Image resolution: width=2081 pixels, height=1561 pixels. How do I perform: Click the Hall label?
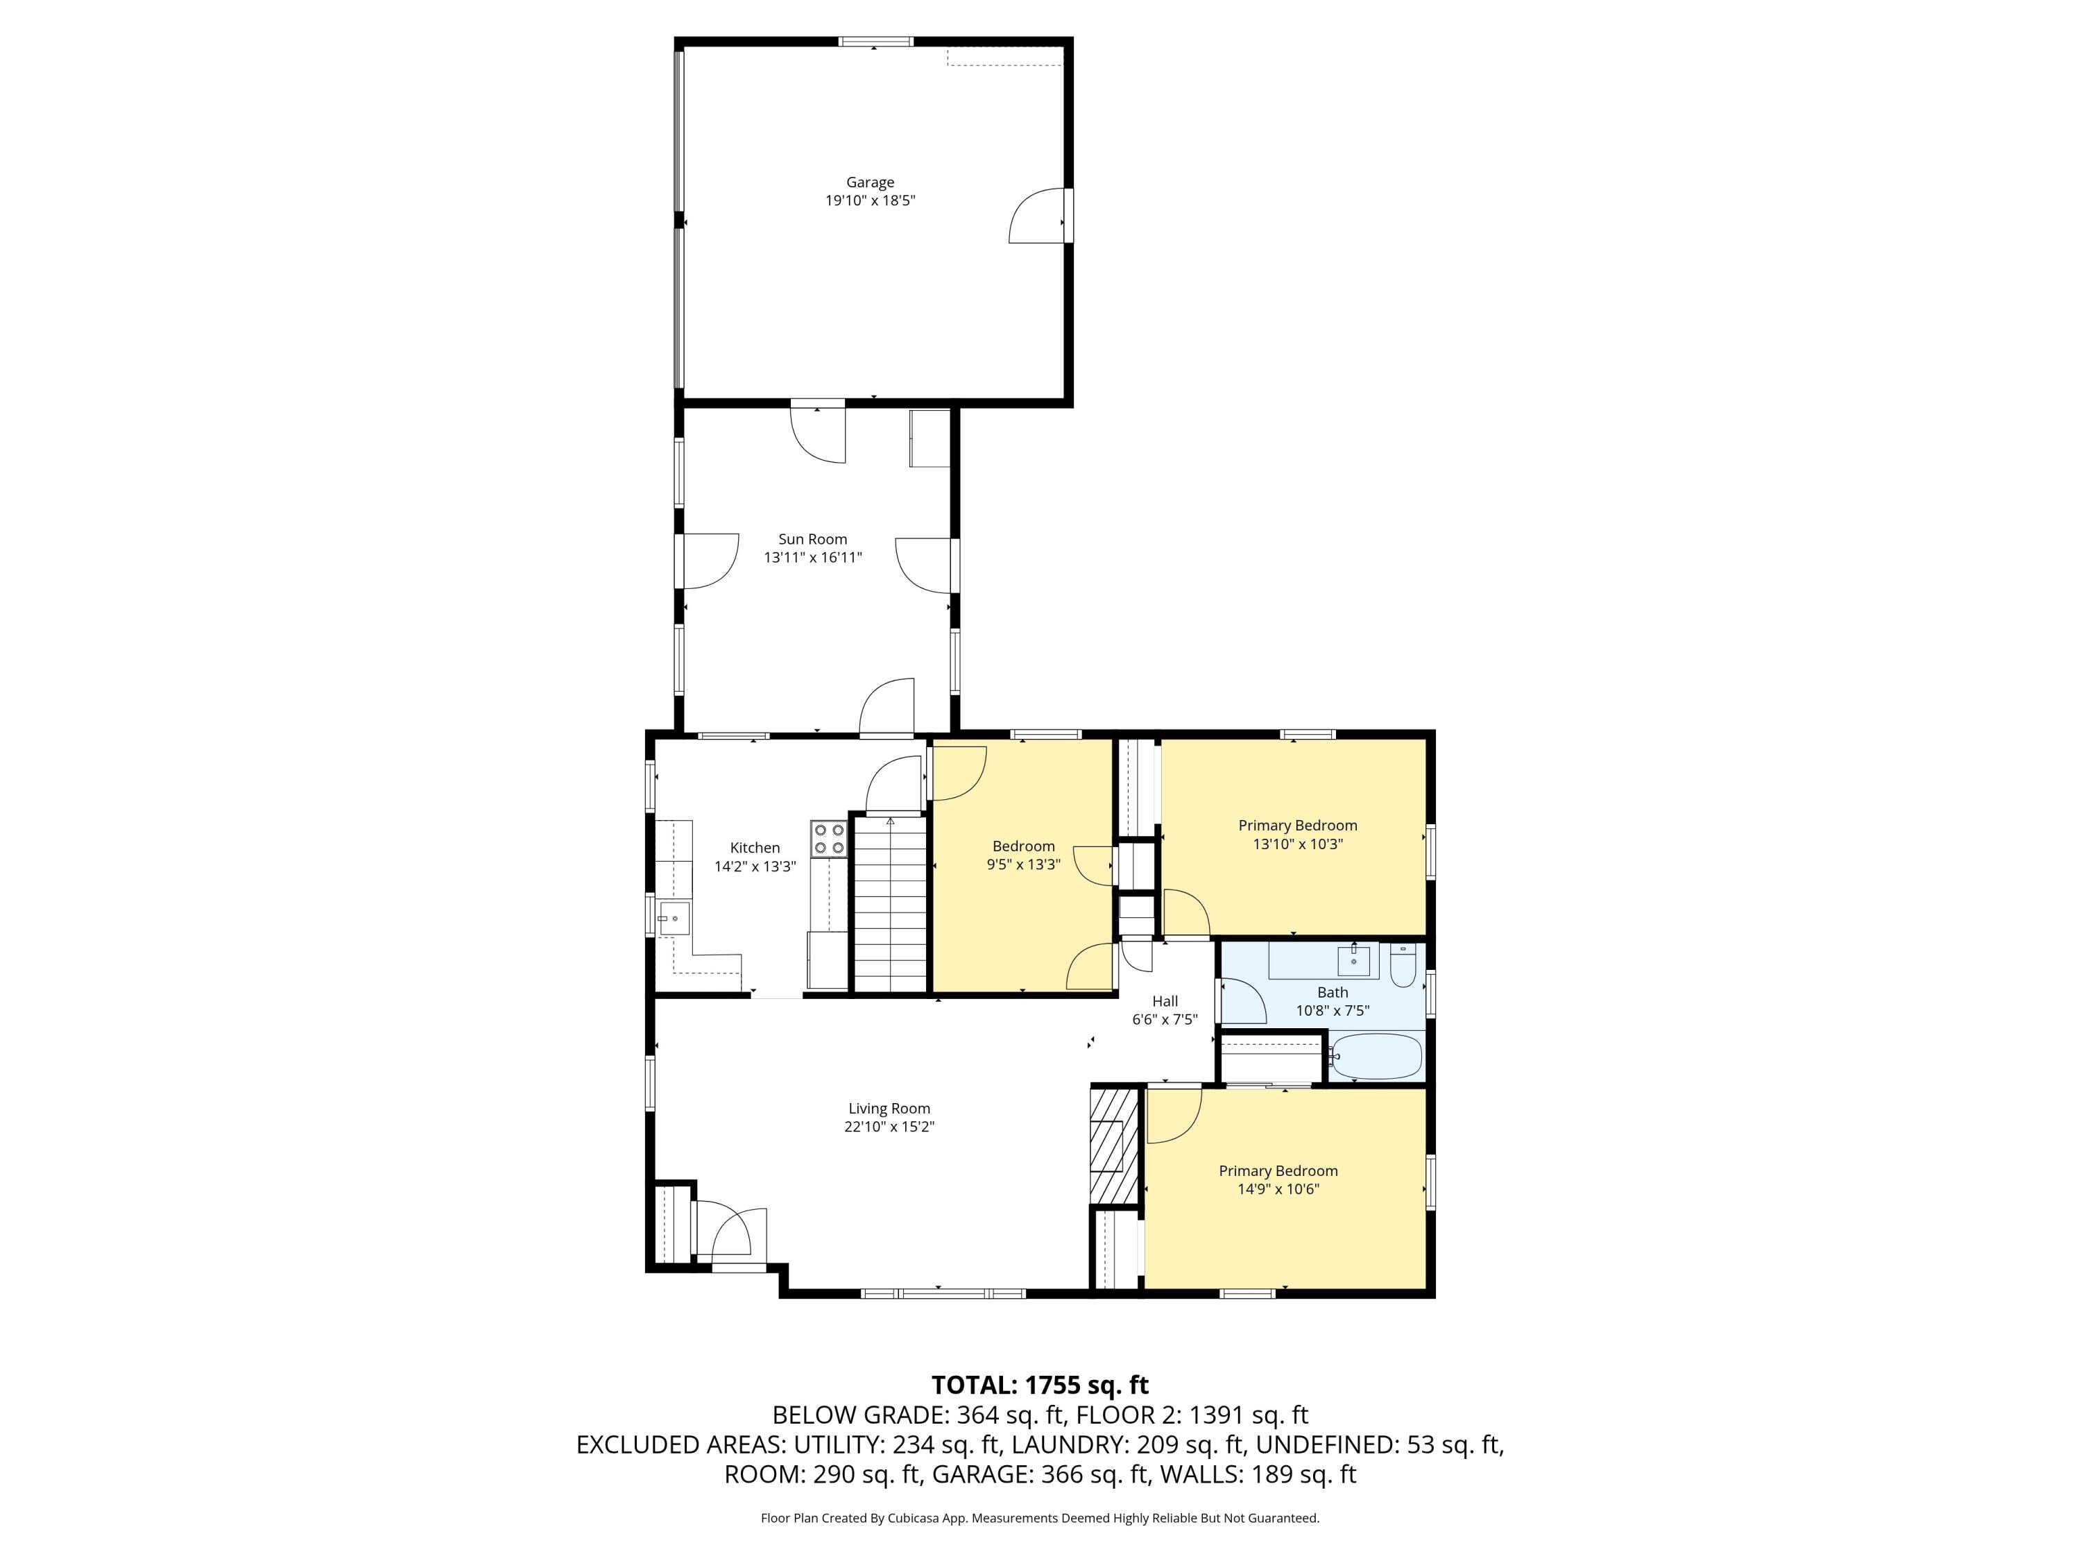tap(1165, 1001)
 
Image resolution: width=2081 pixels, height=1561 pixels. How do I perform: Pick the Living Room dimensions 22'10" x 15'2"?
tap(889, 1126)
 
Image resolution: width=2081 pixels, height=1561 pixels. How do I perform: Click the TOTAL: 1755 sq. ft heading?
tap(1040, 1385)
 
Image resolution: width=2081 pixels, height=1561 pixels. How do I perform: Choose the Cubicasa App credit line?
tap(1040, 1518)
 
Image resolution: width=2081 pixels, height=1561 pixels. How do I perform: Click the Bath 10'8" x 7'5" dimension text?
tap(1332, 1011)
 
